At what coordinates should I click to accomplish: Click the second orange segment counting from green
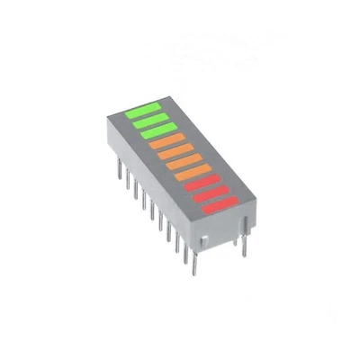click(x=174, y=154)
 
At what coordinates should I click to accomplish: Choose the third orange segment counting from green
click(x=182, y=164)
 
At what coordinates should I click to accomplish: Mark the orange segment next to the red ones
click(x=191, y=175)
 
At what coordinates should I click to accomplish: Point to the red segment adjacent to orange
click(x=199, y=185)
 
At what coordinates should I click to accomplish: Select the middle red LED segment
click(x=208, y=196)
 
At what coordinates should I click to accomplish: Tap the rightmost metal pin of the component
click(x=244, y=243)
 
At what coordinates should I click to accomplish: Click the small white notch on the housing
click(x=205, y=240)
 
